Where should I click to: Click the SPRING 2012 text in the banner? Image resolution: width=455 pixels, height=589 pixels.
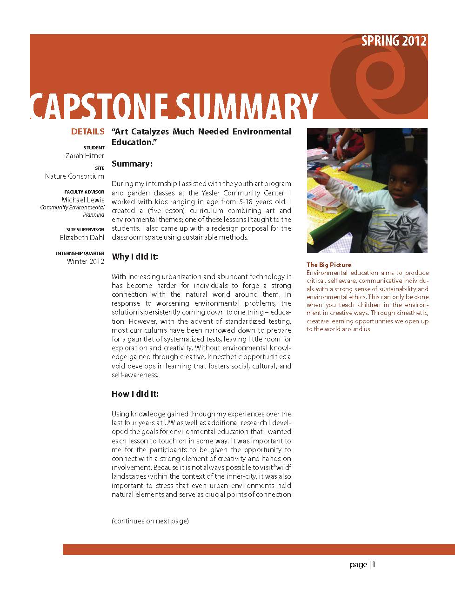pyautogui.click(x=394, y=41)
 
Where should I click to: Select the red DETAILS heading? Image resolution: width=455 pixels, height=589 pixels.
pyautogui.click(x=87, y=132)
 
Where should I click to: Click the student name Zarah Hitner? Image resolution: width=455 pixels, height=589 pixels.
pyautogui.click(x=85, y=156)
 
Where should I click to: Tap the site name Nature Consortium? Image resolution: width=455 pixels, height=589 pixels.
pyautogui.click(x=74, y=176)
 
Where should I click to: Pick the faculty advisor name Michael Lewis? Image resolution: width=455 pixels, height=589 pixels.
pyautogui.click(x=83, y=200)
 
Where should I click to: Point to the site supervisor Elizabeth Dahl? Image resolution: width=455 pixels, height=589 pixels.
pyautogui.click(x=82, y=238)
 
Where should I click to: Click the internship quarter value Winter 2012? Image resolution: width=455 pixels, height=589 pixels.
pyautogui.click(x=86, y=261)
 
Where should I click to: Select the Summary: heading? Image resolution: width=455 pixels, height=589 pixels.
pyautogui.click(x=132, y=164)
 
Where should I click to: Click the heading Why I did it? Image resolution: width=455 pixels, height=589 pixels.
pyautogui.click(x=135, y=257)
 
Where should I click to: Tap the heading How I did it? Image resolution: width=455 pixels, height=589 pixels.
pyautogui.click(x=135, y=394)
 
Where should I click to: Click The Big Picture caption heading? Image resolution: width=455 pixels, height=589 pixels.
pyautogui.click(x=328, y=265)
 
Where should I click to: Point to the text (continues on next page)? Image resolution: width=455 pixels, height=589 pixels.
pyautogui.click(x=150, y=521)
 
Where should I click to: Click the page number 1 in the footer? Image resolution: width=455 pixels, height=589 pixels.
pyautogui.click(x=374, y=565)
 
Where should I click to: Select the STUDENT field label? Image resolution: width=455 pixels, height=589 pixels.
pyautogui.click(x=94, y=147)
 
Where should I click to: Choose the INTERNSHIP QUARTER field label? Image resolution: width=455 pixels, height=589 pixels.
pyautogui.click(x=80, y=253)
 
